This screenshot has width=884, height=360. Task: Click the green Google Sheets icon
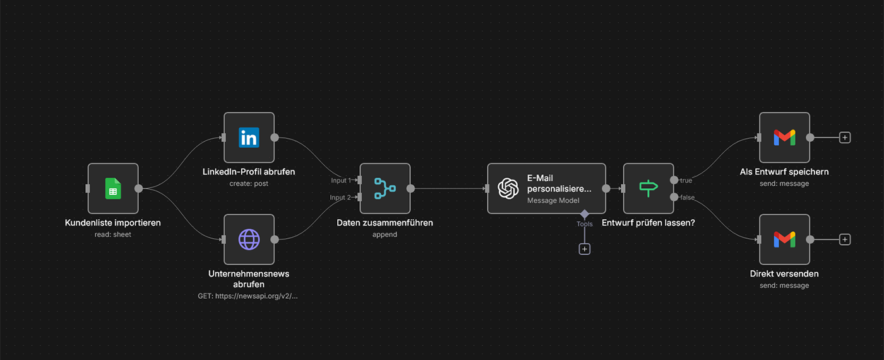(x=113, y=188)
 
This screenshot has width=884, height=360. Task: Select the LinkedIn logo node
(x=249, y=137)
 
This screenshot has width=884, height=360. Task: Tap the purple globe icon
(x=249, y=239)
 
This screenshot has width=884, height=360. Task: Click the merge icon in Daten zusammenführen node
(x=385, y=188)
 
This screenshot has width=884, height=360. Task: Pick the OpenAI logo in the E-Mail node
(x=508, y=188)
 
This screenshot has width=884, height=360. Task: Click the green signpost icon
(x=648, y=188)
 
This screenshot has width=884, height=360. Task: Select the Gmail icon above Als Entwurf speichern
(x=784, y=137)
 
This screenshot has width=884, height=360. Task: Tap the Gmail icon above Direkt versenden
(x=784, y=239)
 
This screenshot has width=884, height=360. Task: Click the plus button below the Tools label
(x=585, y=249)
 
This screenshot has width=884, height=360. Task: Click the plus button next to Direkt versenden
(x=845, y=239)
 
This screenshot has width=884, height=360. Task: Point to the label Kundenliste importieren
(x=113, y=222)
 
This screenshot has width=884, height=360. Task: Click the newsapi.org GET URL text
(x=248, y=296)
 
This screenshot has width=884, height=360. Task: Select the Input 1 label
(x=341, y=181)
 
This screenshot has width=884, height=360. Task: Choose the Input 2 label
(x=341, y=198)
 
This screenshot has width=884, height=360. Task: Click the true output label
(x=686, y=181)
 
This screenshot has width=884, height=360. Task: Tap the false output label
(x=687, y=198)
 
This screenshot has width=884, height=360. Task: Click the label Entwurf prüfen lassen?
(x=648, y=222)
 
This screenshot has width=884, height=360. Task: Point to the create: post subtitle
(x=249, y=184)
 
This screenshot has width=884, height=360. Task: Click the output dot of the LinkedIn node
(x=274, y=137)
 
